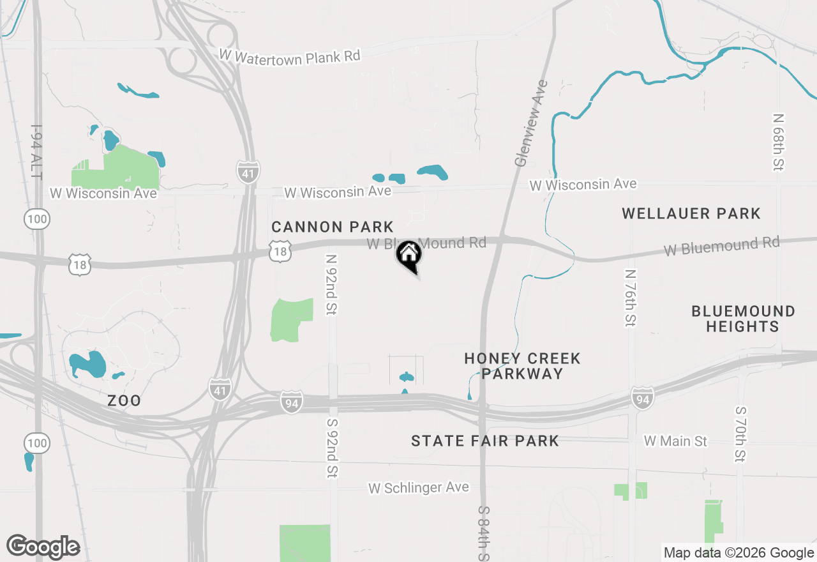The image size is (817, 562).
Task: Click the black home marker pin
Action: click(409, 255)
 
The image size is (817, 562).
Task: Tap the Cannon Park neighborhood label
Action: click(332, 227)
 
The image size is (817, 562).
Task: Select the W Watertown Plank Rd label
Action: click(290, 56)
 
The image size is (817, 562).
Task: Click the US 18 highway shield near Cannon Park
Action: click(280, 251)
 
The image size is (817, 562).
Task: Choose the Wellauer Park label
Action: click(691, 213)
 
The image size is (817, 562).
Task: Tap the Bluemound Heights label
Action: click(743, 319)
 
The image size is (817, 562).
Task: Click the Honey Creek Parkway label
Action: click(522, 366)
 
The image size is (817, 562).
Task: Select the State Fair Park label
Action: click(485, 441)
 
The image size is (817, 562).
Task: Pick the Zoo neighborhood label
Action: click(124, 401)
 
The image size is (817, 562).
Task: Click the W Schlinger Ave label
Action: click(418, 488)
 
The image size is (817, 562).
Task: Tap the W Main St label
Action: click(675, 441)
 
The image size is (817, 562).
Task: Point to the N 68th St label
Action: click(778, 142)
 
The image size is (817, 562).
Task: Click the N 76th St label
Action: click(631, 298)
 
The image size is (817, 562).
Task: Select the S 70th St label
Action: click(740, 434)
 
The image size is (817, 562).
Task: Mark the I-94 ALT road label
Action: click(37, 152)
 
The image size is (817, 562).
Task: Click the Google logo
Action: click(43, 547)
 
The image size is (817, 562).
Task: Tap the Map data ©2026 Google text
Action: click(738, 553)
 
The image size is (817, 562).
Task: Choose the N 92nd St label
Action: click(331, 285)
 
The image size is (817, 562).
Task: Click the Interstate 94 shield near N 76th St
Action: click(643, 398)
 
